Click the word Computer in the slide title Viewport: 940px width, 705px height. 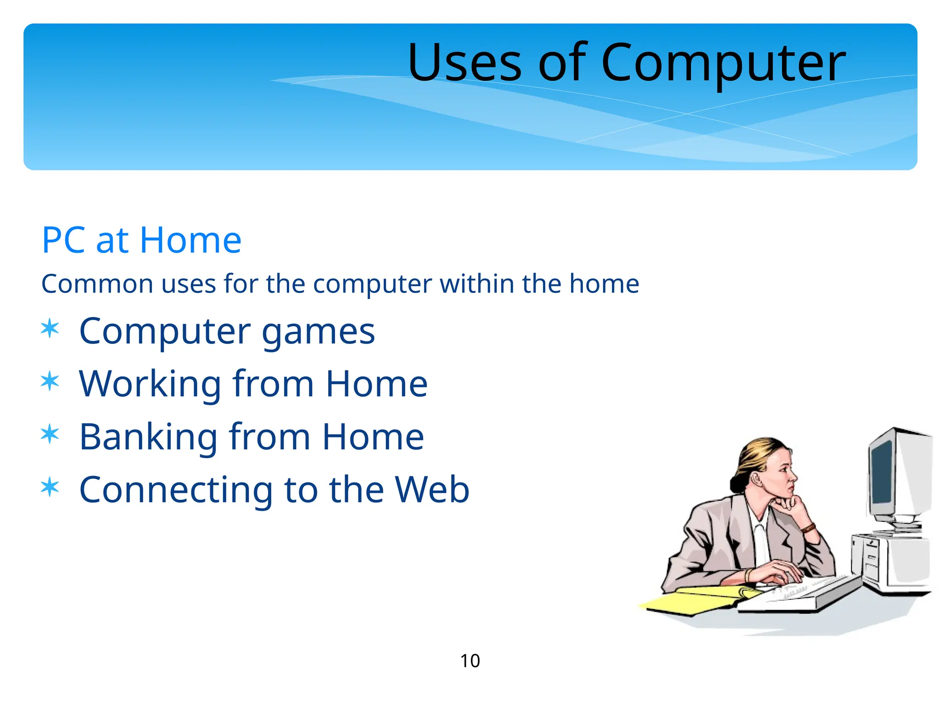click(723, 62)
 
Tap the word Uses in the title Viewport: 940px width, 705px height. click(464, 62)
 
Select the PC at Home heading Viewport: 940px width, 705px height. click(141, 240)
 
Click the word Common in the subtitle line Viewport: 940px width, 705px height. click(97, 284)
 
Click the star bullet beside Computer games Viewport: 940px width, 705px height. click(50, 329)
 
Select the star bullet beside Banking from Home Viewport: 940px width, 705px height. click(50, 435)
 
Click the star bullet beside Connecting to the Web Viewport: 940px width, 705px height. click(50, 487)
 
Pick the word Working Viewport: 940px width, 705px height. click(151, 384)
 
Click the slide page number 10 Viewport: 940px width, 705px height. click(470, 661)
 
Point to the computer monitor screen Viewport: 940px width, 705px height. click(882, 473)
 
